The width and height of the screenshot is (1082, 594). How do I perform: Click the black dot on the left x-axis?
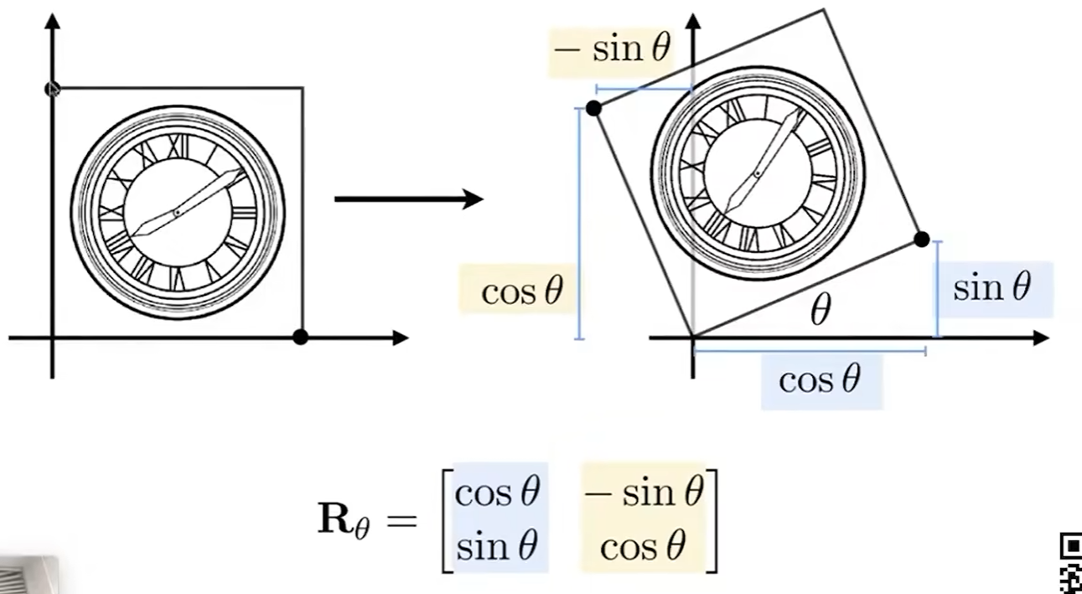[301, 337]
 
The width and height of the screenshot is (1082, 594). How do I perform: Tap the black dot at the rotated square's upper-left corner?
[593, 108]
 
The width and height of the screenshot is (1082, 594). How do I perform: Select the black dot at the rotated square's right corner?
[921, 239]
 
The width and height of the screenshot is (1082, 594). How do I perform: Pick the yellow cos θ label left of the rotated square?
[521, 292]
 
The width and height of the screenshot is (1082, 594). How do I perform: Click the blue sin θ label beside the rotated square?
[991, 287]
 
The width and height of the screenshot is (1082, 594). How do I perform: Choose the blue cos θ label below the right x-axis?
[820, 380]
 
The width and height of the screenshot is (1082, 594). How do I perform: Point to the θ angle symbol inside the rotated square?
[821, 312]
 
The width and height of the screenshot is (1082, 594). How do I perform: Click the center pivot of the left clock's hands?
[178, 213]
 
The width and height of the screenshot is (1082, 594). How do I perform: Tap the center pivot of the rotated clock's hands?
[758, 174]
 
